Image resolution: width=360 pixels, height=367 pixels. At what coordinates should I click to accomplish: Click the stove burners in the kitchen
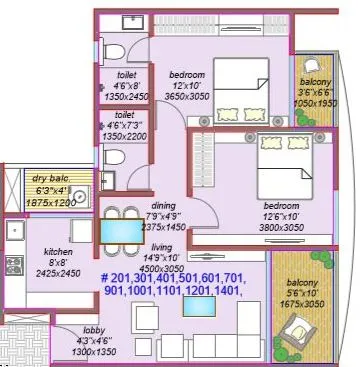click(x=15, y=265)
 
